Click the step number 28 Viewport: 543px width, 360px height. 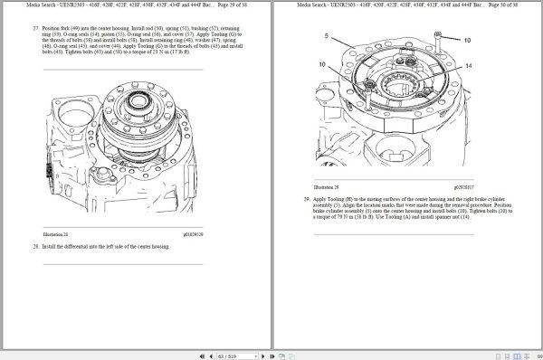pyautogui.click(x=34, y=247)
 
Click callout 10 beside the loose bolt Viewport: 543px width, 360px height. pyautogui.click(x=467, y=42)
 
